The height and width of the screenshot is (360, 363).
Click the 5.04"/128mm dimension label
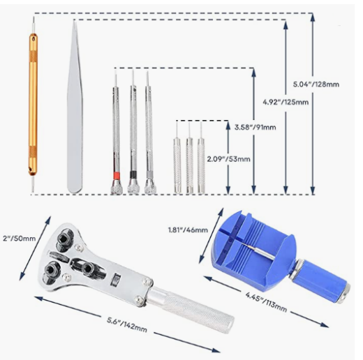coord(316,84)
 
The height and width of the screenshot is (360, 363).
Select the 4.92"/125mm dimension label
coord(286,102)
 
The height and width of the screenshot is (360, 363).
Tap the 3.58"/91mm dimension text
coord(255,127)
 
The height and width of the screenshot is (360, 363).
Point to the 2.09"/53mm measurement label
coord(229,159)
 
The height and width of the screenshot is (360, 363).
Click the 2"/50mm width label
coord(19,239)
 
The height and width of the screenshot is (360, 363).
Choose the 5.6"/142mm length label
coord(127,324)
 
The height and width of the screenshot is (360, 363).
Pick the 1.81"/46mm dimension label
coord(188,230)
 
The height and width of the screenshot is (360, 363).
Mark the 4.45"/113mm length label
coord(266,302)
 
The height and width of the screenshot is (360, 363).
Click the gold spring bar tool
coord(33,105)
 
